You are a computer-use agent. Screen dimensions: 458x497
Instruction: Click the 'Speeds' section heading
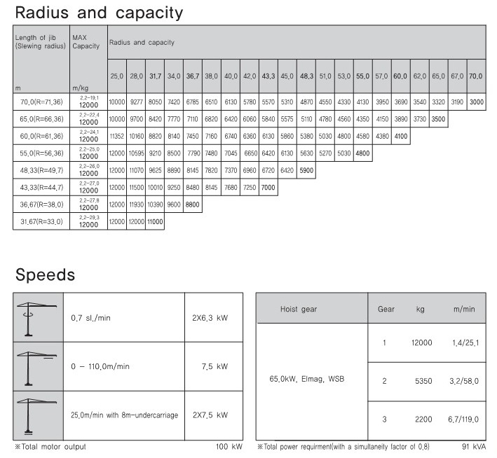coord(45,273)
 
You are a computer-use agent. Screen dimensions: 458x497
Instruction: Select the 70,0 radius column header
coord(476,76)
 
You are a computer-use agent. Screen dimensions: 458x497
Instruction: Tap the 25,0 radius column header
coord(116,76)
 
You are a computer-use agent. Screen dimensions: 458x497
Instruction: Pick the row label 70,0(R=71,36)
coord(41,102)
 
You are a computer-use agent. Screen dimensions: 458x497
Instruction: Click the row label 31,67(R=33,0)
coord(41,222)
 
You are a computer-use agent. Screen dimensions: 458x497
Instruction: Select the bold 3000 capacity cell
coord(476,102)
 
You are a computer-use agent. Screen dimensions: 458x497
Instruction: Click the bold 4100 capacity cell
coord(401,136)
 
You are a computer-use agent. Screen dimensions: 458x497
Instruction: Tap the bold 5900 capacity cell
coord(306,170)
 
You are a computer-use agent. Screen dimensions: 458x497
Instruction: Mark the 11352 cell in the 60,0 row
coord(116,136)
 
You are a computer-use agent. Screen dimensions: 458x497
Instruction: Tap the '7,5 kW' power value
coord(213,366)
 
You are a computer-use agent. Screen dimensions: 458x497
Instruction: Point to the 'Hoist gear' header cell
coord(312,308)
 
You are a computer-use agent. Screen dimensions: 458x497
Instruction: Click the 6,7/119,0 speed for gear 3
coord(464,419)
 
